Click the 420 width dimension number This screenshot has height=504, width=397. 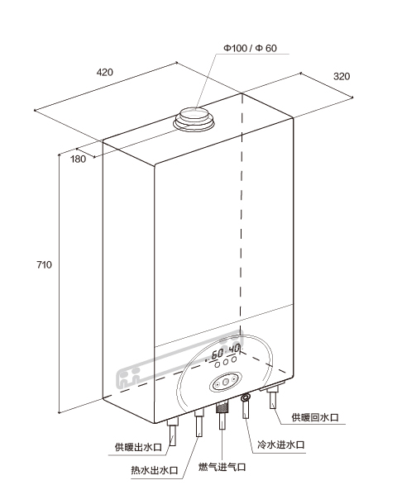105,72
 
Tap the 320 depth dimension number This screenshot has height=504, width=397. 342,77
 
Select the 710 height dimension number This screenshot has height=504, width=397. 44,265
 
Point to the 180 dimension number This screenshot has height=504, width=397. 79,159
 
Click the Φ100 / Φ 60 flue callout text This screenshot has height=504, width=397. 250,48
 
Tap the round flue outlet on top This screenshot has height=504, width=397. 194,119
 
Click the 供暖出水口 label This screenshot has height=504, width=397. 138,447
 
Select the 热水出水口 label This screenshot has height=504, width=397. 155,470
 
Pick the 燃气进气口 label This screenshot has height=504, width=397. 222,467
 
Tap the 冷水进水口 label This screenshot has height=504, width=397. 281,445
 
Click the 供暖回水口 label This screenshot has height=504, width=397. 315,417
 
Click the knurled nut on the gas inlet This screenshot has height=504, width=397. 222,407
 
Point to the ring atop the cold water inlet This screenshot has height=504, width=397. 246,398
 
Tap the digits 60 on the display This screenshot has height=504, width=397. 218,354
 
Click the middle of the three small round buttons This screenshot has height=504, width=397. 226,362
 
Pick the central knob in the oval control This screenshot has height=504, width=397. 226,382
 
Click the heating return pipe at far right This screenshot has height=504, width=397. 274,398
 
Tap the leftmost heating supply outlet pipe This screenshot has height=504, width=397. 173,432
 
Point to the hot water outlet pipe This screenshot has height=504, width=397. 199,423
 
